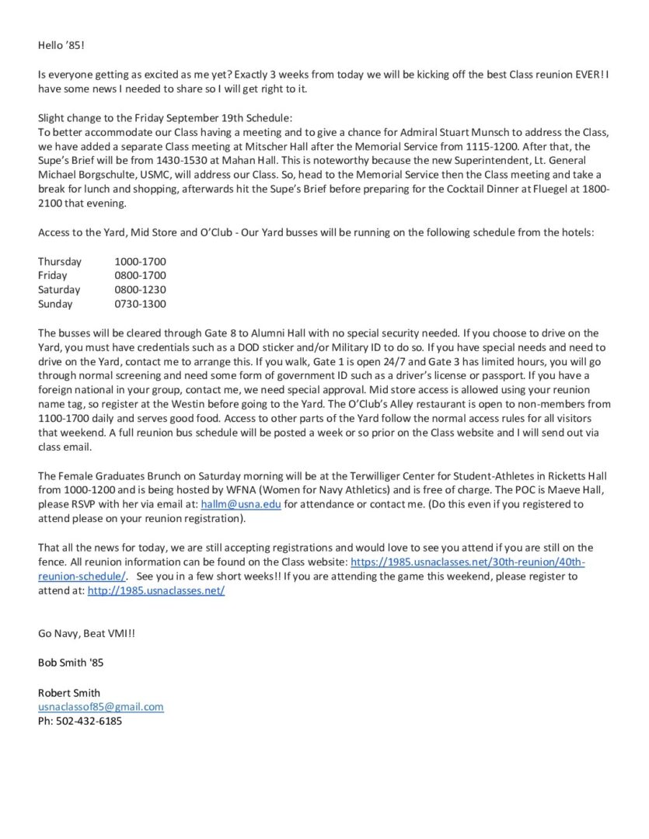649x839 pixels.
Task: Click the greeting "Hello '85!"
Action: click(x=61, y=46)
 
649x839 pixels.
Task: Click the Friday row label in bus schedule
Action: click(x=53, y=275)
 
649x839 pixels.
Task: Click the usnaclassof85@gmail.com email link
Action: click(x=101, y=707)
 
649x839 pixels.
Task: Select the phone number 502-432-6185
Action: click(x=89, y=721)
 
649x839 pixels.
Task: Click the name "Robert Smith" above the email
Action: click(x=69, y=692)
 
